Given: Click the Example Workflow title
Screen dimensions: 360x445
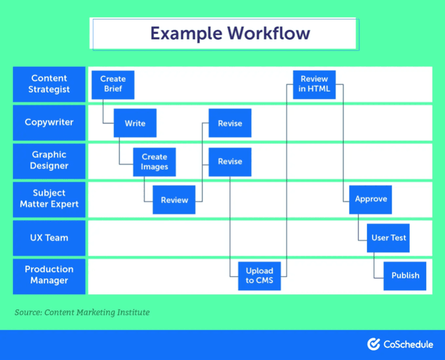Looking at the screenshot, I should (229, 33).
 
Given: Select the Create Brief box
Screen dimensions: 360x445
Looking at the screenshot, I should (113, 85).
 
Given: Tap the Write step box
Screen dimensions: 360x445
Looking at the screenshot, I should (135, 123).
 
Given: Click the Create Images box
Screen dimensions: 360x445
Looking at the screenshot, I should (155, 162).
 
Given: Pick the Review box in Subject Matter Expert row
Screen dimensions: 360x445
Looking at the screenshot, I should (174, 200).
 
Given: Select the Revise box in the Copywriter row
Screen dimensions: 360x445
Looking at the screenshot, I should (230, 123).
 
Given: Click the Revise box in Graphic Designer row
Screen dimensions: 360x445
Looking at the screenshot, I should (230, 162).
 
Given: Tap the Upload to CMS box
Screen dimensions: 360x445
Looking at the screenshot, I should (259, 275).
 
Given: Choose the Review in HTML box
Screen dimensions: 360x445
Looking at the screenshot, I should (314, 85).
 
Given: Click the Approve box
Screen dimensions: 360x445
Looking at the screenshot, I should (370, 199).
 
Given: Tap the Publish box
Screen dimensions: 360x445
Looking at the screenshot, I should (405, 275).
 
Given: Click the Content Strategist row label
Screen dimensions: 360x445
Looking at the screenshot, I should (49, 84).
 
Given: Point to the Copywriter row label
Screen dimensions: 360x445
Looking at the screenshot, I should (49, 123).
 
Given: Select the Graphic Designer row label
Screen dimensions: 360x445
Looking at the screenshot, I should (49, 161).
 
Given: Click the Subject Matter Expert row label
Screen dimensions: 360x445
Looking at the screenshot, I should (49, 199).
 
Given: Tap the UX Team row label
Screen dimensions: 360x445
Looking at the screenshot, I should (49, 238).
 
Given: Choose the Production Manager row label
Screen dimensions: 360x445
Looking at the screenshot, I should (49, 275).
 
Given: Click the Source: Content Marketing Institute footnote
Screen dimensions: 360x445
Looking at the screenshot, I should (82, 312).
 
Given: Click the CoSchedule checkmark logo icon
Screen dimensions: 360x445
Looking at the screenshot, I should (373, 344).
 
